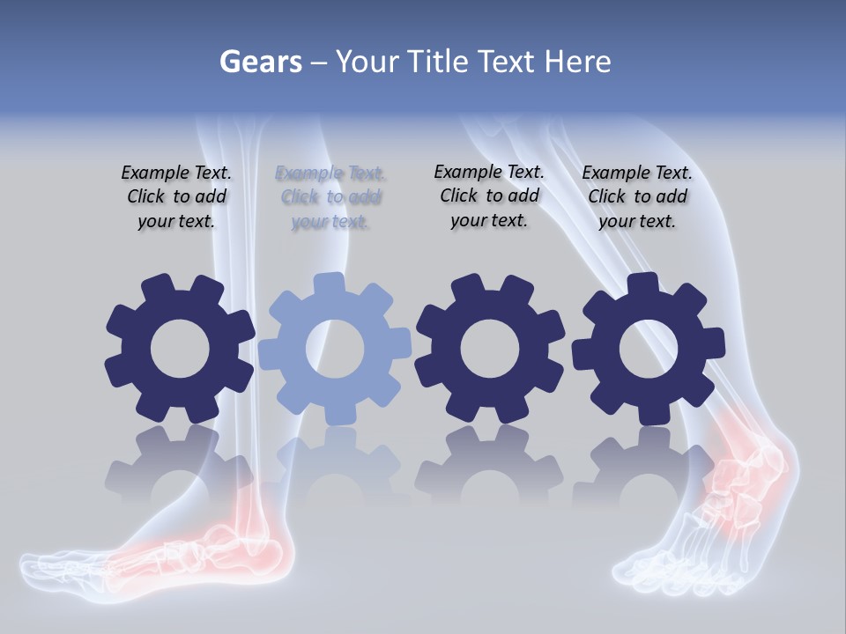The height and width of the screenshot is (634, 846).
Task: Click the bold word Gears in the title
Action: point(260,62)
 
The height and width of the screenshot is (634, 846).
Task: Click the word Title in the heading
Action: point(441,62)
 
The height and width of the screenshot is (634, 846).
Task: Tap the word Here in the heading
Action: point(578,62)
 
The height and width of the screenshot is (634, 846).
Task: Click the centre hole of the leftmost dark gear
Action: point(180,350)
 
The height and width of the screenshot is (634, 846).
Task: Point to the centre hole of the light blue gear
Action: point(335,349)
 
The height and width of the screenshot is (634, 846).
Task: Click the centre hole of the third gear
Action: point(489,350)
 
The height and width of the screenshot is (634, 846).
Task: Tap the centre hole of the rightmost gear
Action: point(648,350)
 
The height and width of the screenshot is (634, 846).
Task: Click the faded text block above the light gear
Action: point(330,197)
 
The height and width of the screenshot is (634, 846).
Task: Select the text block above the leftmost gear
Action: point(176,197)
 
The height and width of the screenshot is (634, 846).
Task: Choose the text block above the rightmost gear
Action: point(637,197)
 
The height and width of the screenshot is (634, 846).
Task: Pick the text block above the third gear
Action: point(489,196)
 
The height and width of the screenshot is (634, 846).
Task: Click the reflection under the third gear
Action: point(489,467)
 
